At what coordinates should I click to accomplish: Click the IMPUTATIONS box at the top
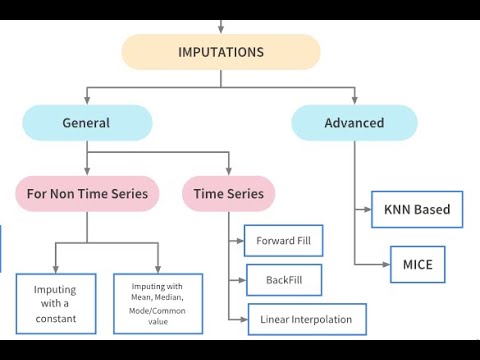point(221,52)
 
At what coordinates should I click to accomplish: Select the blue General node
point(87,123)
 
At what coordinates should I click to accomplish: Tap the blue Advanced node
point(354,123)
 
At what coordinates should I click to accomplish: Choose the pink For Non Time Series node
point(86,193)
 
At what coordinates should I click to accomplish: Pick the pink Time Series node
point(229,193)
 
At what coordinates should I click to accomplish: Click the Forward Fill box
point(284,241)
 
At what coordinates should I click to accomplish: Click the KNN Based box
point(417,210)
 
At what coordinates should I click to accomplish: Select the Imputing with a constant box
point(56,304)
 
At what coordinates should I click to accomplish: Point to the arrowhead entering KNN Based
point(366,210)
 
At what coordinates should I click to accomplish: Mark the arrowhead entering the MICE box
point(384,264)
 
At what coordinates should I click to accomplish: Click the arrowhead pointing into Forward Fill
point(240,241)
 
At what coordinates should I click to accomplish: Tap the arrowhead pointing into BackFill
point(240,281)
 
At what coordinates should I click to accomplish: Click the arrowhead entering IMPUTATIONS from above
point(221,30)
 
